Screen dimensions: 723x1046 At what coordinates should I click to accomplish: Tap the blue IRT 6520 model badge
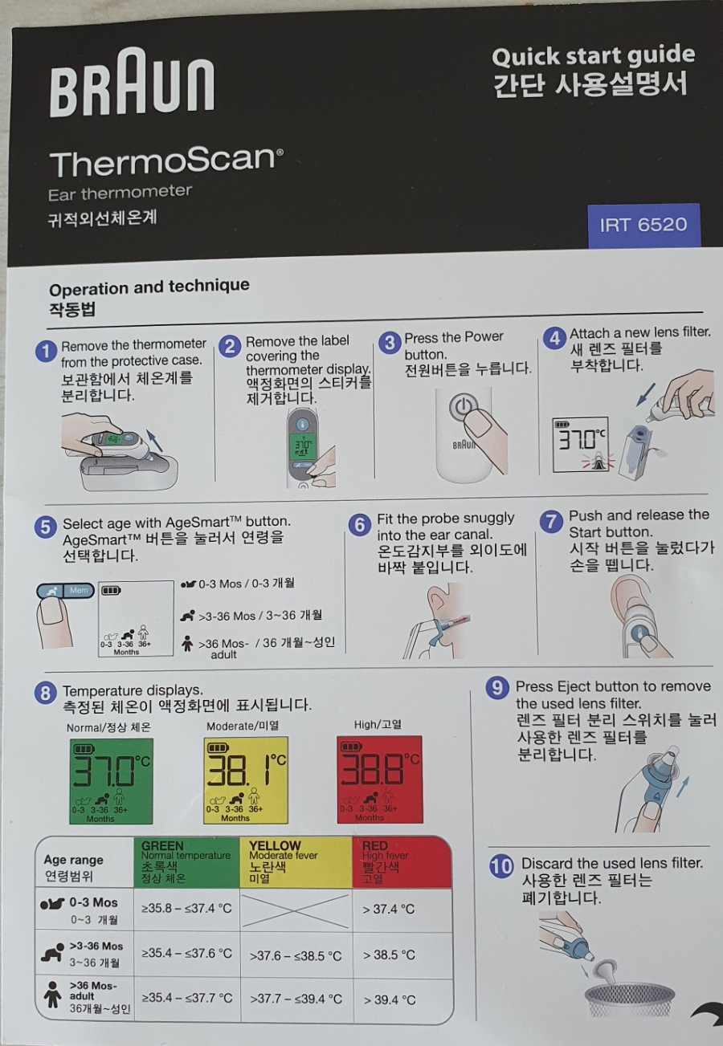pyautogui.click(x=643, y=225)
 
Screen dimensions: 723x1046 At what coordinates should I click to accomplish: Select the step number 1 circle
pyautogui.click(x=46, y=351)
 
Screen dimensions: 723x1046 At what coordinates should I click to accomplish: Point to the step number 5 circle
pyautogui.click(x=45, y=527)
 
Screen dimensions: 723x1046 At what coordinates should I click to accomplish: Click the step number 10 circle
pyautogui.click(x=501, y=867)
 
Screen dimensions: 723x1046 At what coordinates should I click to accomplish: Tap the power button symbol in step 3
pyautogui.click(x=462, y=406)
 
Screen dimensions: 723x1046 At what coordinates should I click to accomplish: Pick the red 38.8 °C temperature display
pyautogui.click(x=379, y=779)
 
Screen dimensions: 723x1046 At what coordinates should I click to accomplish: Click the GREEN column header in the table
pyautogui.click(x=186, y=862)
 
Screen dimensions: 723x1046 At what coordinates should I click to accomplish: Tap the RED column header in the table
pyautogui.click(x=402, y=862)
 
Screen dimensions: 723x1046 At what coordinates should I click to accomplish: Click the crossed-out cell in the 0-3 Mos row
pyautogui.click(x=296, y=908)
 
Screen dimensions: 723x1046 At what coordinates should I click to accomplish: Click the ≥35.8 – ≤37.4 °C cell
pyautogui.click(x=186, y=908)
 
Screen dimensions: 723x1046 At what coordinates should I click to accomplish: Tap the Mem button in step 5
pyautogui.click(x=79, y=591)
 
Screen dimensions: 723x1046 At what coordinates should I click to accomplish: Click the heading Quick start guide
pyautogui.click(x=593, y=56)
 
